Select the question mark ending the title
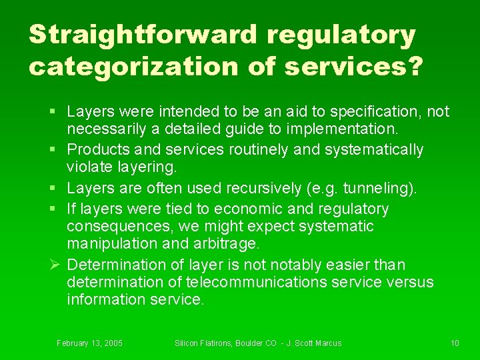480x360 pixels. pyautogui.click(x=414, y=67)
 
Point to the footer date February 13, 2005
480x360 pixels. pyautogui.click(x=89, y=343)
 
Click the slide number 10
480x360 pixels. pyautogui.click(x=455, y=343)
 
